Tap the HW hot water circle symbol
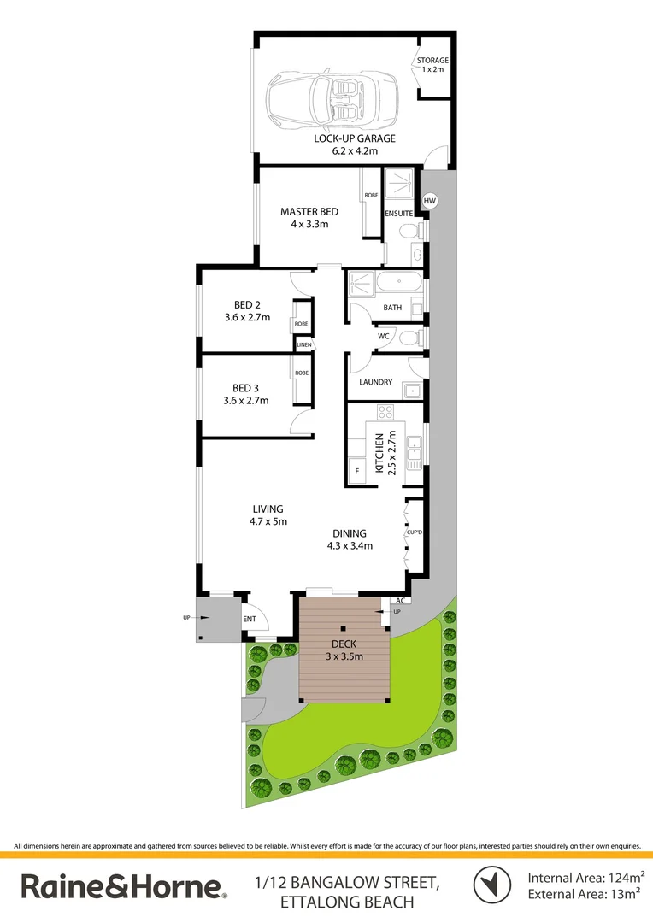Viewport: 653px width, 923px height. (x=430, y=201)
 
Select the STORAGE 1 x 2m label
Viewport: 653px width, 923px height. (x=432, y=65)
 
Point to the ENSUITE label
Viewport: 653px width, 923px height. (x=399, y=213)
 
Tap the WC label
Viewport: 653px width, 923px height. (x=384, y=337)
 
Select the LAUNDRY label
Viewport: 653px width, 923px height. (x=376, y=382)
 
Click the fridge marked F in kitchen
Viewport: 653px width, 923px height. (x=356, y=469)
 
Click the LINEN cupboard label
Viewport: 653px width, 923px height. (x=304, y=344)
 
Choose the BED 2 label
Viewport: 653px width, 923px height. (x=246, y=310)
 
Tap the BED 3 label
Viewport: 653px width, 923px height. (x=246, y=394)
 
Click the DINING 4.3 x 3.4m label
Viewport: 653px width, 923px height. (x=351, y=539)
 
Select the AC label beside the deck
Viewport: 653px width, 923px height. (x=398, y=601)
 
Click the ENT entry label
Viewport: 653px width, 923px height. (x=250, y=620)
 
